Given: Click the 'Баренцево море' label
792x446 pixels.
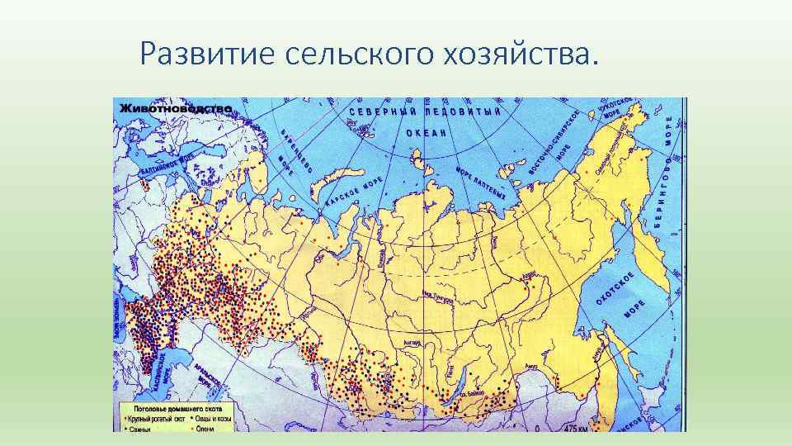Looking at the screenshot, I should click(296, 151).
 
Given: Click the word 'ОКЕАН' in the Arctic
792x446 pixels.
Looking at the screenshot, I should click(427, 132).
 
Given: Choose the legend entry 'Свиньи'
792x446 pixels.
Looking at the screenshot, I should click(135, 428).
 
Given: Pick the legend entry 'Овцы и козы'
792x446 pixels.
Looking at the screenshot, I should click(214, 419).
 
